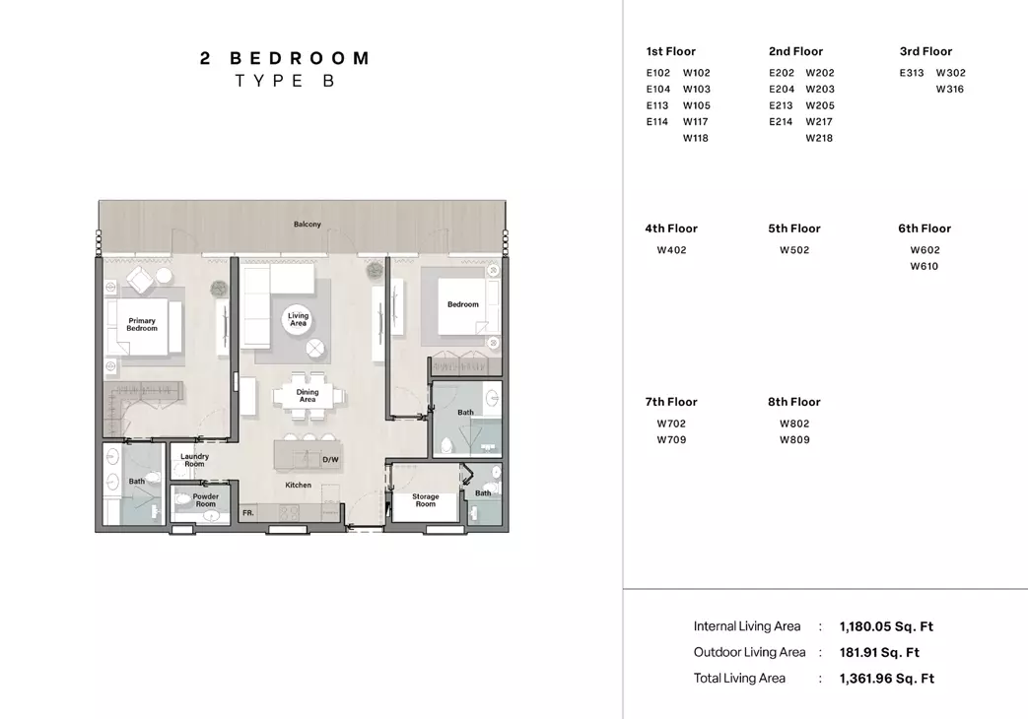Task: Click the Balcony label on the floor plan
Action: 308,225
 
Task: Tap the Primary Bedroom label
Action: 142,324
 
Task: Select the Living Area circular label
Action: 299,319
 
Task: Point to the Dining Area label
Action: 308,396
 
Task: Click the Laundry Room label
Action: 195,460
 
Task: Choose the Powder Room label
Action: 206,500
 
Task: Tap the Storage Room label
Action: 426,500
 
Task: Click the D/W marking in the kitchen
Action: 330,460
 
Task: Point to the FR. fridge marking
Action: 247,513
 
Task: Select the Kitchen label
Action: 299,485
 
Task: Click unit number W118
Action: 696,138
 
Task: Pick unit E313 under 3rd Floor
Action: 912,73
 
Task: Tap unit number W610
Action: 924,266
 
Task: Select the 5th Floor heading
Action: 794,229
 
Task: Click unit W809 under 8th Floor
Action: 794,440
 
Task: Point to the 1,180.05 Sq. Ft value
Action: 886,626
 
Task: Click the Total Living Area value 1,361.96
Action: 887,679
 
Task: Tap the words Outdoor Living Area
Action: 749,652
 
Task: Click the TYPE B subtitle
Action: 285,81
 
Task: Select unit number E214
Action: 781,122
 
